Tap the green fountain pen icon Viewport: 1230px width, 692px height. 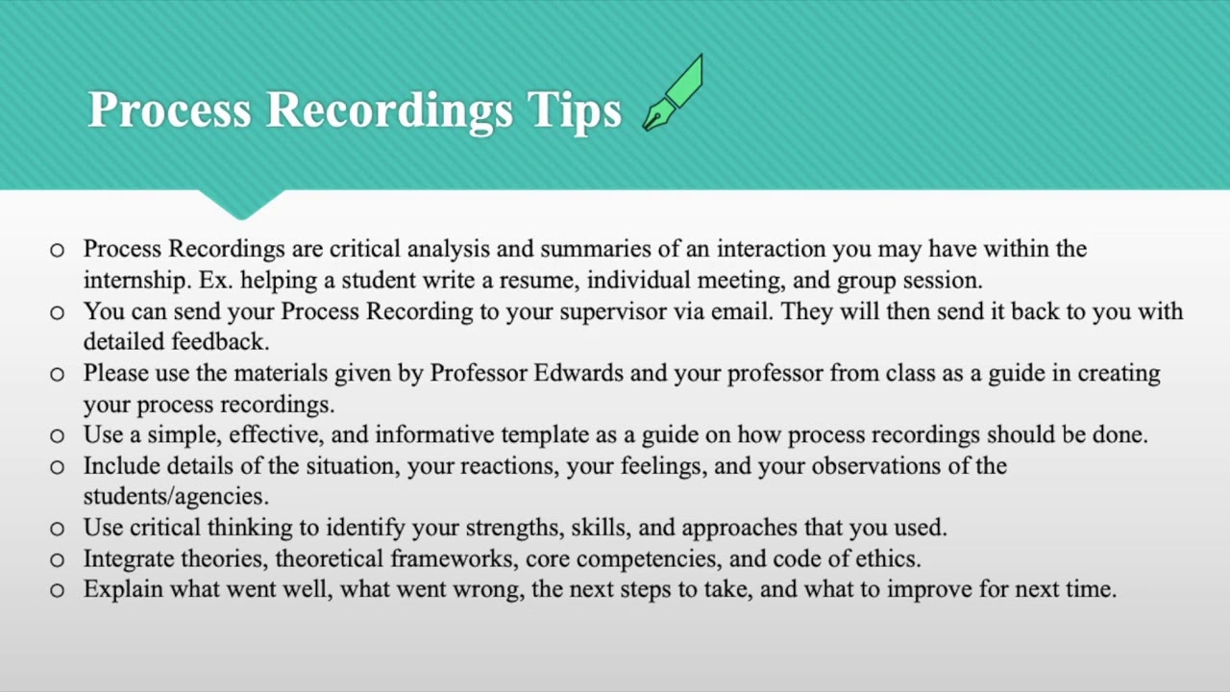tap(674, 93)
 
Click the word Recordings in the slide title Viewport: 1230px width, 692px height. tap(389, 111)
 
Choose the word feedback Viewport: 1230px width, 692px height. tap(219, 341)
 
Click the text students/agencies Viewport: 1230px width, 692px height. tap(175, 497)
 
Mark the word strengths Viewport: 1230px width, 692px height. tap(511, 528)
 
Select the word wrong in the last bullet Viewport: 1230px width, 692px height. tap(486, 589)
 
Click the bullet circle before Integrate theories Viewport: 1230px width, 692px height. tap(57, 559)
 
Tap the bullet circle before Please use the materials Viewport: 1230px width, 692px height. tap(57, 374)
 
